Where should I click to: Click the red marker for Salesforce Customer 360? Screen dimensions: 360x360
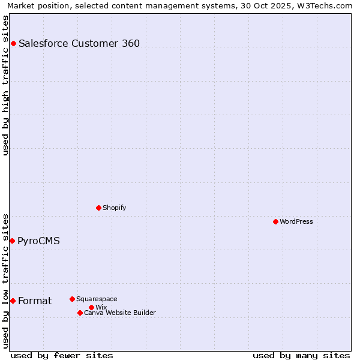13,43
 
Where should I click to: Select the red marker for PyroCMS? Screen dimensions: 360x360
12,241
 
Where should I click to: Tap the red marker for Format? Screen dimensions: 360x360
13,301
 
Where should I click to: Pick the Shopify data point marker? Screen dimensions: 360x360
98,208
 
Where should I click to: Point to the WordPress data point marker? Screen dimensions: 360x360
275,221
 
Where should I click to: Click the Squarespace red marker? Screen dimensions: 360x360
72,299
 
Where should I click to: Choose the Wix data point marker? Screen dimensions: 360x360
91,307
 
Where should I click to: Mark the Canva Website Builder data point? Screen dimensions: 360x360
80,313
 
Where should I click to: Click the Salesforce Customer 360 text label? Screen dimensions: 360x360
79,43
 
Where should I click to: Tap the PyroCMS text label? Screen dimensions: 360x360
38,241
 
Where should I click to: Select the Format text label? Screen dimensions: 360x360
35,301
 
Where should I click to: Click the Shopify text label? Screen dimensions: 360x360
114,208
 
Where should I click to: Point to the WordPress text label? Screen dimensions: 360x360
296,221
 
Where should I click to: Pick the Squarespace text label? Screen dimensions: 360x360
97,299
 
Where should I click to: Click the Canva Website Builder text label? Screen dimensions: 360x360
120,313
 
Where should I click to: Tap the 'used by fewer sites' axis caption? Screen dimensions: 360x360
62,355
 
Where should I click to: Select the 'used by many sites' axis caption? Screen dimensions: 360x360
301,355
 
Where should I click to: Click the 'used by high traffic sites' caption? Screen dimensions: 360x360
6,85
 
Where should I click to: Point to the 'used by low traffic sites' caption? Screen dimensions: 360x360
6,281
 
